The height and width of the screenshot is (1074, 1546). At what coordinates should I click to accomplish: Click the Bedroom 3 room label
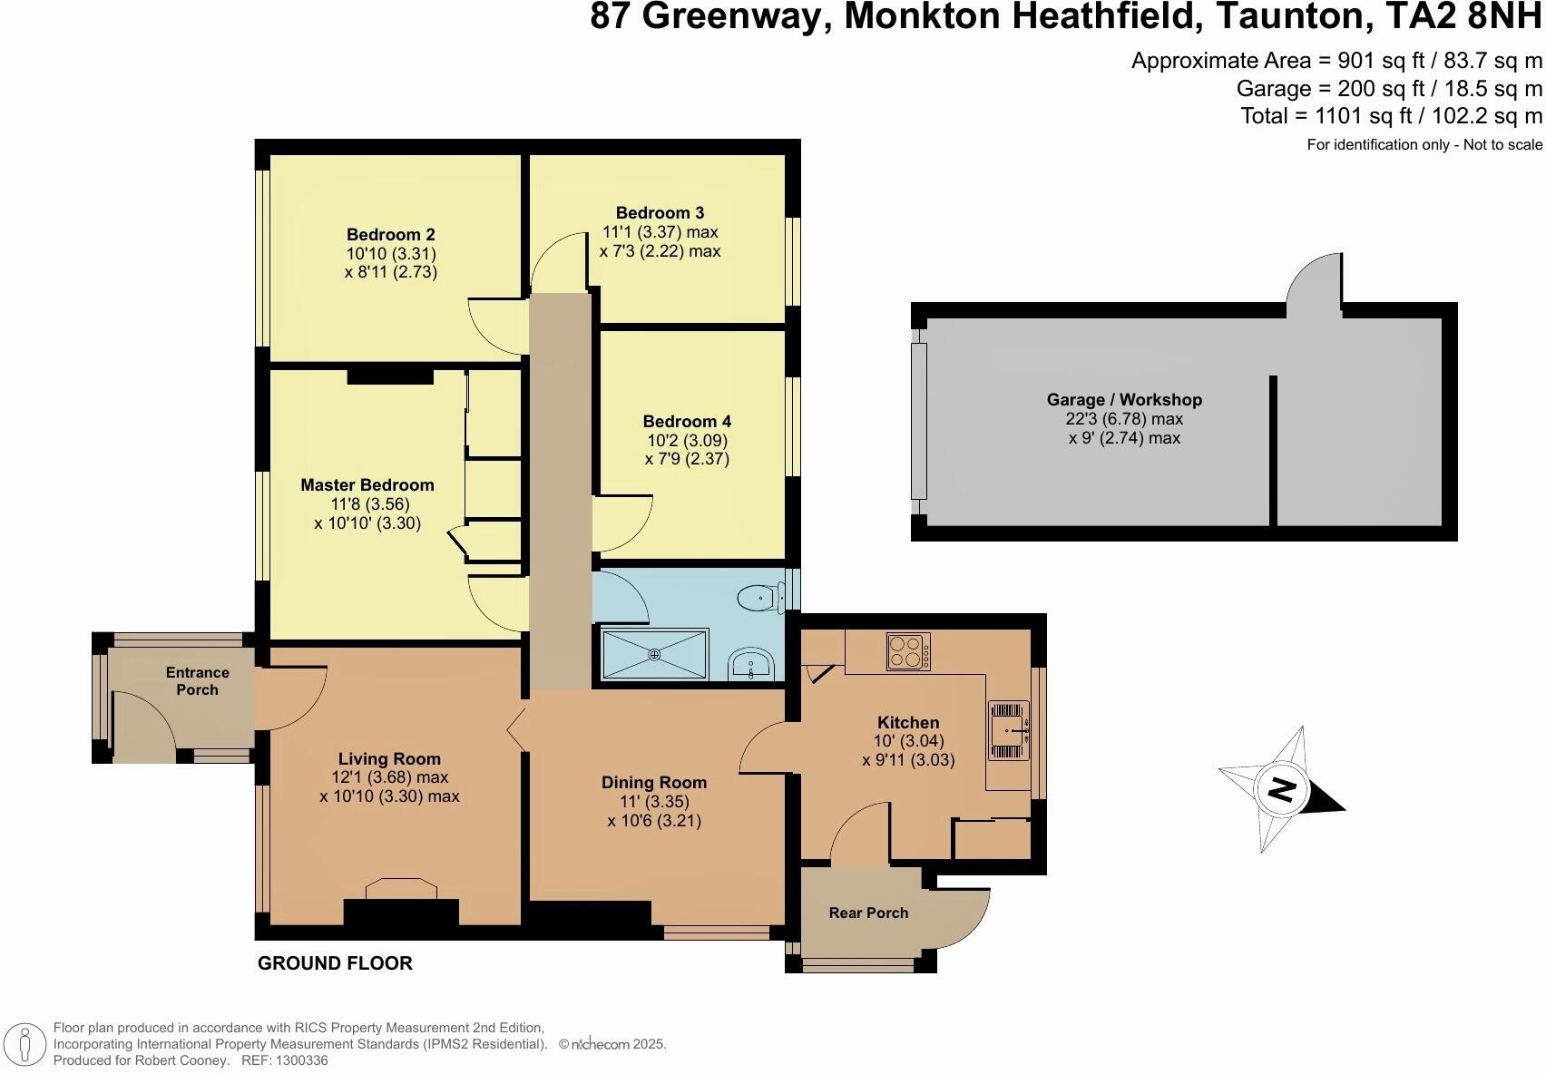point(660,213)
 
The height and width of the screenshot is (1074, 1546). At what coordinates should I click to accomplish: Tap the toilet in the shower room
point(758,598)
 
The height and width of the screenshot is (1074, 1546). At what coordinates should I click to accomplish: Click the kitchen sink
point(1009,729)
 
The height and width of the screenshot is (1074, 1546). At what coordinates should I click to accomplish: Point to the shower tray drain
point(655,654)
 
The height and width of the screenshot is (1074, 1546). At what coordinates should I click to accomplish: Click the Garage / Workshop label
point(1124,400)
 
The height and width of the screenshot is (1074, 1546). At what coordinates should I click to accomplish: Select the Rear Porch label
point(868,913)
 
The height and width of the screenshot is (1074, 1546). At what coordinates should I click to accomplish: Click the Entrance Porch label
point(197,681)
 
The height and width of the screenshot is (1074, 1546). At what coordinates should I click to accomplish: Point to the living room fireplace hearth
point(400,889)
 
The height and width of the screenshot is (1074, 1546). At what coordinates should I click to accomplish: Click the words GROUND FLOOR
point(335,963)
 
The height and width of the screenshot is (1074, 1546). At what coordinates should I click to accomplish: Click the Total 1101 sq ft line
point(1391,116)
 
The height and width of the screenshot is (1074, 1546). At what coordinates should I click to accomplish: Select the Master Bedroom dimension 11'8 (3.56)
point(367,504)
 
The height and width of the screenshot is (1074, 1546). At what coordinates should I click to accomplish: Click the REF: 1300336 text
point(283,1060)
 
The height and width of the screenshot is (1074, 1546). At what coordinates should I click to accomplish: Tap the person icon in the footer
point(26,1045)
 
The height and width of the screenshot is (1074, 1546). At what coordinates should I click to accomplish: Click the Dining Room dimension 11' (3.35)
point(654,802)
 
